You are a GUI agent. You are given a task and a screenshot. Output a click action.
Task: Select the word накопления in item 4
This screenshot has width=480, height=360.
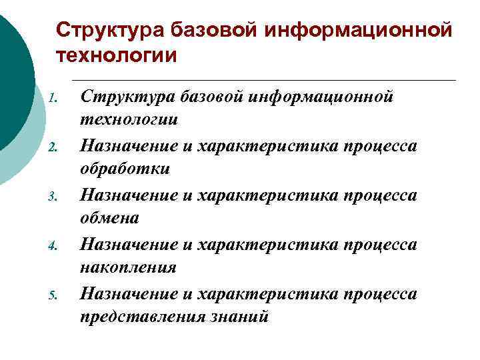128,268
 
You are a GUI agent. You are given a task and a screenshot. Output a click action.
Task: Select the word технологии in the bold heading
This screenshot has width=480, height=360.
117,55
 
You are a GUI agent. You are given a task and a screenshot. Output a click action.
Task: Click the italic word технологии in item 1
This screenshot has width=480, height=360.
129,120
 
